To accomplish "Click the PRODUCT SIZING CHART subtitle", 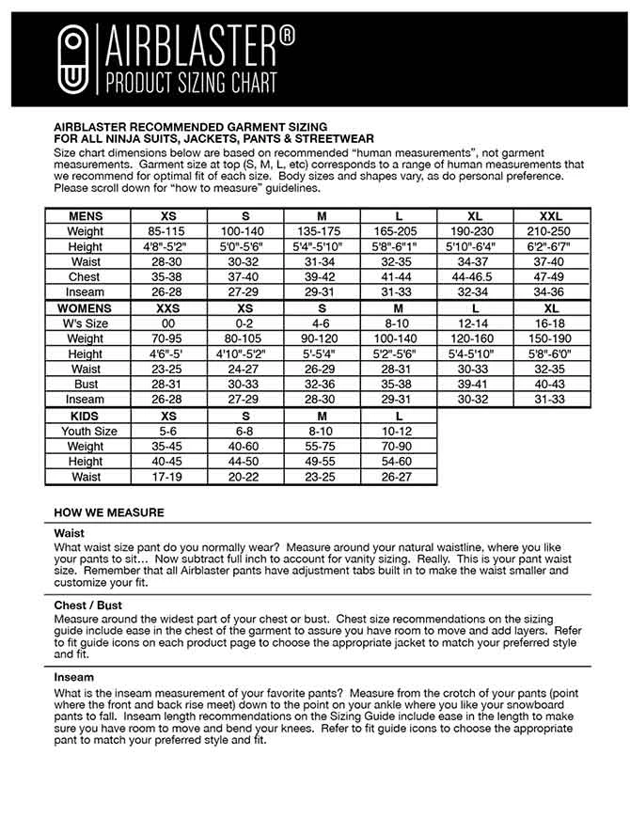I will [193, 82].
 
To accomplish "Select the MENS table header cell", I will [86, 216].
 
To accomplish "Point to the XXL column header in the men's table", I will [551, 216].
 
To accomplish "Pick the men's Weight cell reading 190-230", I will [475, 231].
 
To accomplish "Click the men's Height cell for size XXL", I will [551, 246].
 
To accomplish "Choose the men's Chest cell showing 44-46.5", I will [475, 277].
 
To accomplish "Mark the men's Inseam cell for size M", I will [322, 292].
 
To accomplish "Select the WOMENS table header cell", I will [86, 308].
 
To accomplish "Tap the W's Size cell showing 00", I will [168, 323].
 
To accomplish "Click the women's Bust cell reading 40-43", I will [551, 385].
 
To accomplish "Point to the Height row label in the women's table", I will [86, 354].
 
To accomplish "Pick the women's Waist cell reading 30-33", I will [475, 370].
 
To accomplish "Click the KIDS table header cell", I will [86, 416].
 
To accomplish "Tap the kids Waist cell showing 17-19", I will [168, 477].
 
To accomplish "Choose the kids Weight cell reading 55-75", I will [322, 447].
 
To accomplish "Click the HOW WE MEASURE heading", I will [109, 512].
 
